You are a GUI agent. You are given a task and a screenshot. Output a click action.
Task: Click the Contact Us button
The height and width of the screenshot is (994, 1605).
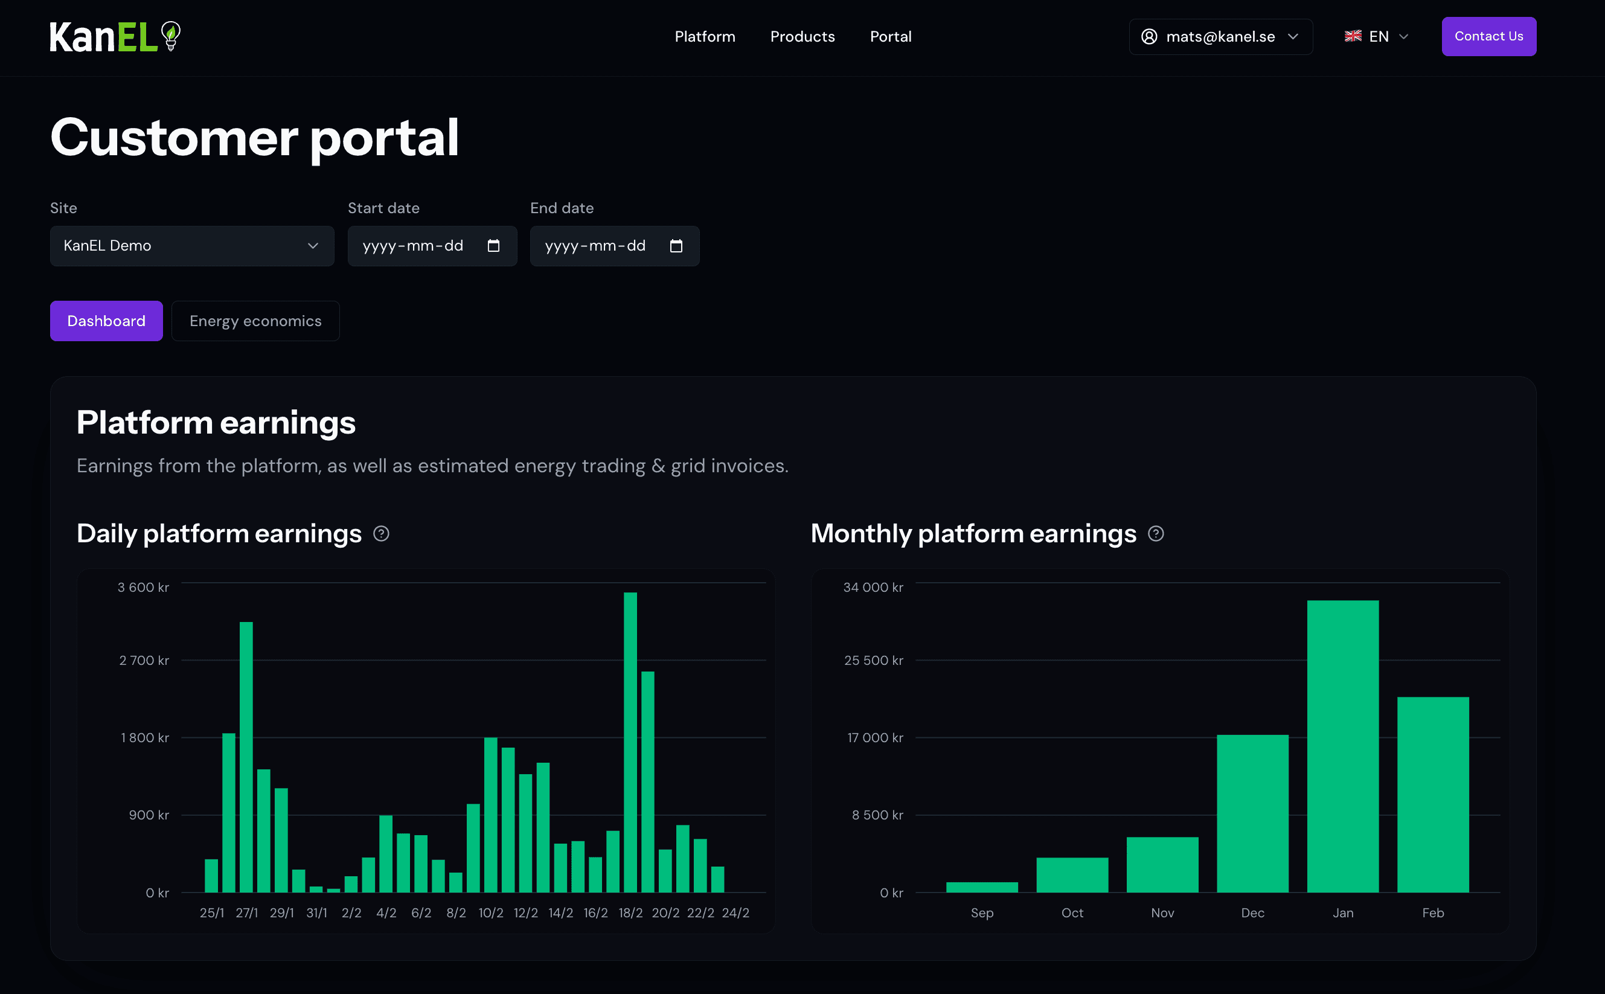(x=1488, y=36)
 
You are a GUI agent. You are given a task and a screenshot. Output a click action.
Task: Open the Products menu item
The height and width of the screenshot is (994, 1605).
(x=802, y=37)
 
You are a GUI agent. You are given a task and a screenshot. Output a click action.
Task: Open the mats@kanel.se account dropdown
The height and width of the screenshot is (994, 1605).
(x=1220, y=37)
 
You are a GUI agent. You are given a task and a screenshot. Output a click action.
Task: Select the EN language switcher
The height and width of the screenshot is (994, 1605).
(x=1376, y=37)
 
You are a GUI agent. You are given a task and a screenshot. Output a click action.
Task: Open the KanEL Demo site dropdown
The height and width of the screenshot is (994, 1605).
(x=191, y=246)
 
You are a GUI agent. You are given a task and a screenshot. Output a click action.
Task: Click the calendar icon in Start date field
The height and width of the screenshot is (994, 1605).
(x=493, y=246)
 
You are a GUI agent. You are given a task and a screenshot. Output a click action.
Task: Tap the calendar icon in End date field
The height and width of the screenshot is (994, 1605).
(x=676, y=246)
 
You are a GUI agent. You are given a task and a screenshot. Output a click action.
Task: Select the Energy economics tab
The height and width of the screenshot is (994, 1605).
(x=255, y=321)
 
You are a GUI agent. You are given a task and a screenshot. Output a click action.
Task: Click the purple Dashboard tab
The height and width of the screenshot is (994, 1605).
(x=106, y=321)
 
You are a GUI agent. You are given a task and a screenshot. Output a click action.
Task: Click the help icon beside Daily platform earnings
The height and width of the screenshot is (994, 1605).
(x=381, y=534)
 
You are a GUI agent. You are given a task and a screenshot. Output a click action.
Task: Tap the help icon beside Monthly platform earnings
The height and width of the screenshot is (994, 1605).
(x=1155, y=534)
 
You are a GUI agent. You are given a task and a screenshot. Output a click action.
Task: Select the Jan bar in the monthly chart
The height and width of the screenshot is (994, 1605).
(x=1342, y=746)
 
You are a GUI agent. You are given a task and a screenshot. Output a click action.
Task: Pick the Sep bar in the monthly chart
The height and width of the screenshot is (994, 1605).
(x=981, y=887)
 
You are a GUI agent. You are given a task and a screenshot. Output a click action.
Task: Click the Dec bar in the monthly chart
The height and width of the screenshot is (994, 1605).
(x=1252, y=813)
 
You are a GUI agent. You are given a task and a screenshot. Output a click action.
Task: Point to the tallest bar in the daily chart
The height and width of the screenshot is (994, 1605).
(x=630, y=743)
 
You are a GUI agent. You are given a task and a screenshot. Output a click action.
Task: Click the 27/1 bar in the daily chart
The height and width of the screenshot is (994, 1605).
(x=246, y=756)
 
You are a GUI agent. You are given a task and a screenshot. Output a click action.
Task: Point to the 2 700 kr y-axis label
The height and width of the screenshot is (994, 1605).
(x=144, y=660)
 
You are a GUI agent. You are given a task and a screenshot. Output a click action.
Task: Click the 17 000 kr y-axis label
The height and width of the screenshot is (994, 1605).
(x=874, y=737)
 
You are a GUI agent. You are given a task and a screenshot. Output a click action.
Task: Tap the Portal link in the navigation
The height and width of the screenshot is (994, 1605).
(x=890, y=37)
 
